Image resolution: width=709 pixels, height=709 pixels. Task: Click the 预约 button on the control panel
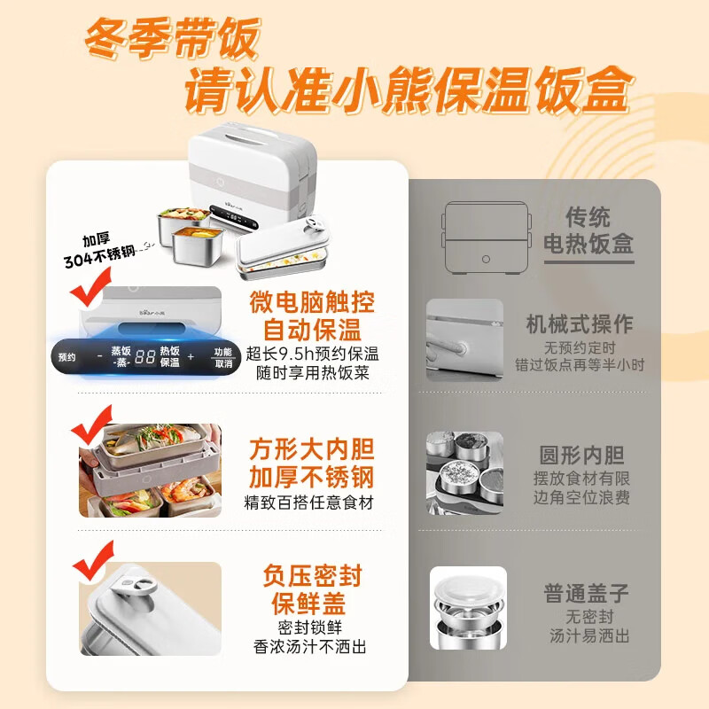pos(66,357)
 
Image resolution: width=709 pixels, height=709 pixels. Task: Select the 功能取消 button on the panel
pos(222,357)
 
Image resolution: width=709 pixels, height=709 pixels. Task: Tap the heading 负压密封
pos(314,577)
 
